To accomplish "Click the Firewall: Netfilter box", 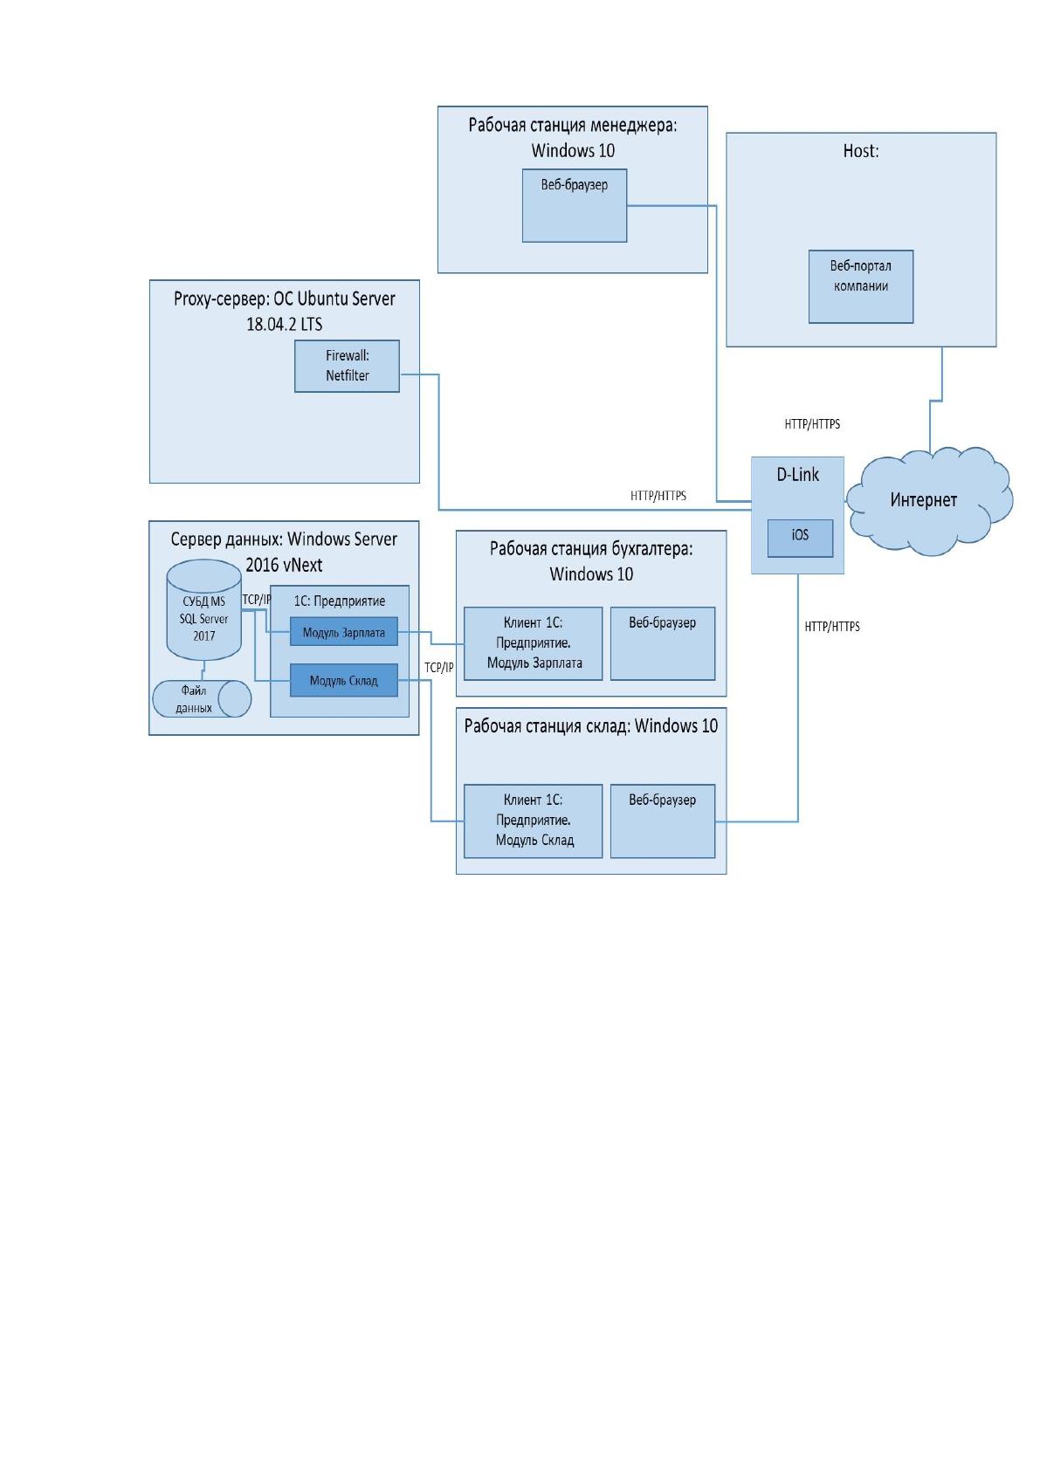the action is pyautogui.click(x=347, y=366).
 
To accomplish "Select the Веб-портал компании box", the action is pyautogui.click(x=861, y=286).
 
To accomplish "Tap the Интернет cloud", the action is pyautogui.click(x=928, y=501).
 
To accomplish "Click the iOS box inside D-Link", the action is pyautogui.click(x=801, y=538).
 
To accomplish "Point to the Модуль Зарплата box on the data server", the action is pyautogui.click(x=344, y=631).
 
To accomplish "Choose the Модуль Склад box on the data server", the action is pyautogui.click(x=344, y=680).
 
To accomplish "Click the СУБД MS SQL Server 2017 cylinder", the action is pyautogui.click(x=203, y=609).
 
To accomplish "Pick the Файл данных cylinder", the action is pyautogui.click(x=202, y=698).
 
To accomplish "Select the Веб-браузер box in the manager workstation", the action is pyautogui.click(x=575, y=205).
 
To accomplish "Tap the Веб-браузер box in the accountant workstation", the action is pyautogui.click(x=663, y=643).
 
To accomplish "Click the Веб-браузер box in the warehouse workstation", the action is pyautogui.click(x=663, y=821).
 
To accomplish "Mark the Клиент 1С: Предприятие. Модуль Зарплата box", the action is pyautogui.click(x=534, y=643).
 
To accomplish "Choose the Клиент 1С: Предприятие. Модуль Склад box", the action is pyautogui.click(x=534, y=821).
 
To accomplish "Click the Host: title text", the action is pyautogui.click(x=861, y=151).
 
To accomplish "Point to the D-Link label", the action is pyautogui.click(x=798, y=475).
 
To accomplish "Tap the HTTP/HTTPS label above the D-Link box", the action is pyautogui.click(x=812, y=424).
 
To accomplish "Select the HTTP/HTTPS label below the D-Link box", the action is pyautogui.click(x=832, y=626).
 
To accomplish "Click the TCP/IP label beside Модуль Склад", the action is pyautogui.click(x=438, y=668).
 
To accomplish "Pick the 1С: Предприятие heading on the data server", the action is pyautogui.click(x=340, y=601).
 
